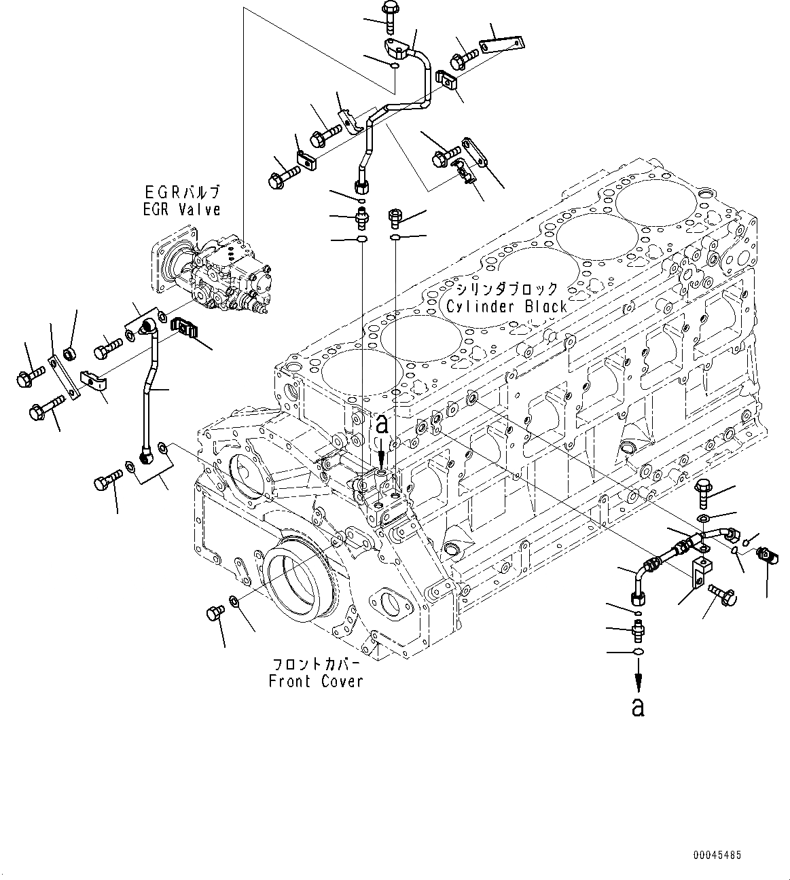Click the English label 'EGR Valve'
pyautogui.click(x=181, y=210)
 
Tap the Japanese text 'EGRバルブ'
pyautogui.click(x=181, y=193)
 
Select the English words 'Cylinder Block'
pyautogui.click(x=506, y=306)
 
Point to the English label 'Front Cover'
pyautogui.click(x=316, y=681)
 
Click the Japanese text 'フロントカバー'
pyautogui.click(x=316, y=664)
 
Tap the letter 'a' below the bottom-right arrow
pyautogui.click(x=637, y=707)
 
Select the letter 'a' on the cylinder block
pyautogui.click(x=382, y=426)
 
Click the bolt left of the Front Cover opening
pyautogui.click(x=212, y=614)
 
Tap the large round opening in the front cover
pyautogui.click(x=297, y=584)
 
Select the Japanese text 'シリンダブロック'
pyautogui.click(x=506, y=289)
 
